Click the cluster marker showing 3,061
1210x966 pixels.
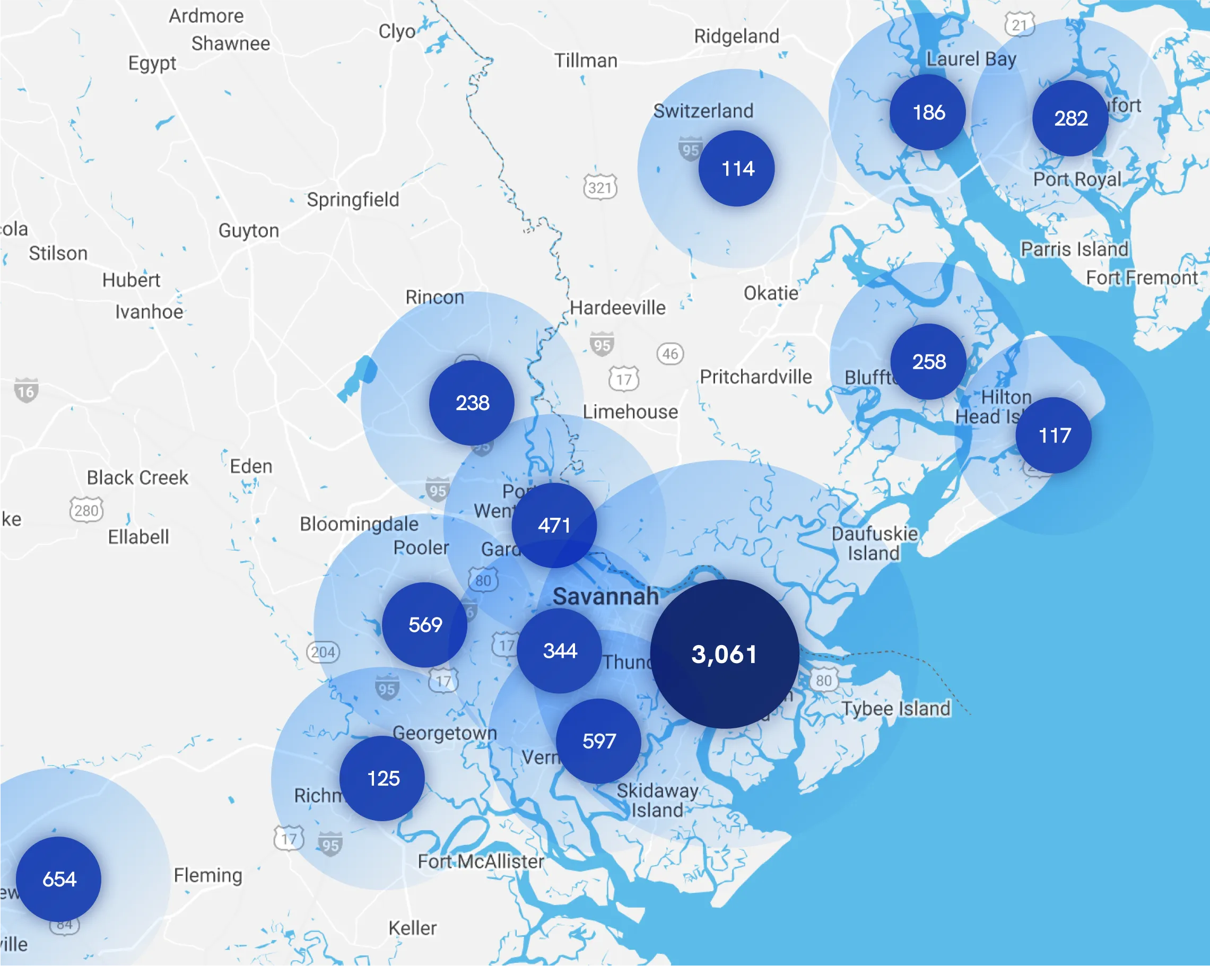[x=725, y=654]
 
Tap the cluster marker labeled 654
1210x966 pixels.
[x=59, y=879]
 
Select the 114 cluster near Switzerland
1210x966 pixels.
[x=737, y=168]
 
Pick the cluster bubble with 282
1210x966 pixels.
[x=1071, y=118]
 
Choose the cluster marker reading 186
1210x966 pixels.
[x=928, y=112]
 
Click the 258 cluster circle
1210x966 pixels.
[x=929, y=361]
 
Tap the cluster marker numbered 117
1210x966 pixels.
[x=1054, y=435]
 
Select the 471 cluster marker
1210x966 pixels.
[x=554, y=525]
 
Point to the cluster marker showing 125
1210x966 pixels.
[x=383, y=779]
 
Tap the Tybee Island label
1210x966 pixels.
[x=896, y=708]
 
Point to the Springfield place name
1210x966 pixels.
[x=353, y=199]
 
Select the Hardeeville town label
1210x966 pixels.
[x=618, y=308]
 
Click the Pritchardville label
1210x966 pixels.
[x=756, y=377]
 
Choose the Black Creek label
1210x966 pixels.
[x=137, y=477]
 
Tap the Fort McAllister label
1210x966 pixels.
[x=481, y=861]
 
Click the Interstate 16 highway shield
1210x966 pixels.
[x=27, y=390]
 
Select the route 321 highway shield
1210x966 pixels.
[x=600, y=187]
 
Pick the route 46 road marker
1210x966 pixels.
[x=670, y=354]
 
